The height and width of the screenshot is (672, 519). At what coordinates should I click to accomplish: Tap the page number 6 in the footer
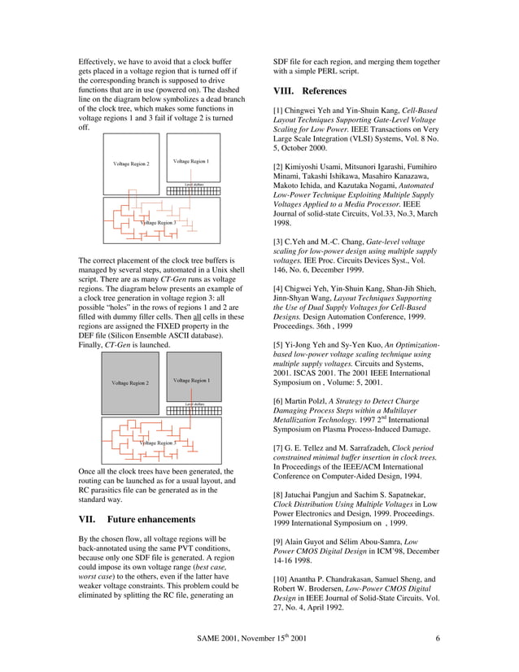[x=438, y=638]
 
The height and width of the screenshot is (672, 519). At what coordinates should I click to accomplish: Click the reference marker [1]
[x=278, y=109]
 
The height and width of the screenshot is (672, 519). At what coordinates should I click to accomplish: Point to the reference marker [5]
[x=278, y=346]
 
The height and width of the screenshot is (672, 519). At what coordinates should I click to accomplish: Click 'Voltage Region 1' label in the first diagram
[x=192, y=161]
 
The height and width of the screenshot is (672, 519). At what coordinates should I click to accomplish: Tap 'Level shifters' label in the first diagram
[x=194, y=185]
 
